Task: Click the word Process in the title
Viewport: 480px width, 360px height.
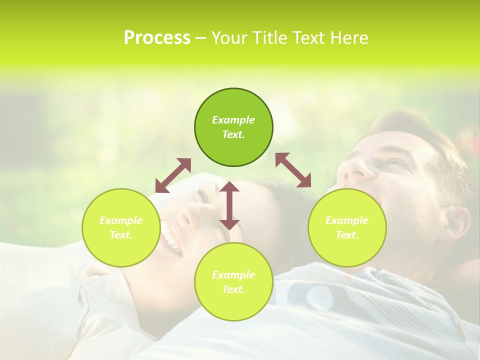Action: [157, 38]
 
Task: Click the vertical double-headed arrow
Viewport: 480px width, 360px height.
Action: [229, 205]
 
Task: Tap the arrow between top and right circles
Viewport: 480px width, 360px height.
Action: [293, 170]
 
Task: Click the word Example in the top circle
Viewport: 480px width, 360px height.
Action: [233, 120]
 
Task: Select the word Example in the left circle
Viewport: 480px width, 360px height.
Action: [121, 220]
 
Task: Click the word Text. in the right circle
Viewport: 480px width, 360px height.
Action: [347, 235]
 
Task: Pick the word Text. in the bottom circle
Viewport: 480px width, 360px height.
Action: [233, 289]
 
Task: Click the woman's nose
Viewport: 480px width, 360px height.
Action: [184, 219]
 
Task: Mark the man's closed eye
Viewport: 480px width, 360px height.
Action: [395, 163]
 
